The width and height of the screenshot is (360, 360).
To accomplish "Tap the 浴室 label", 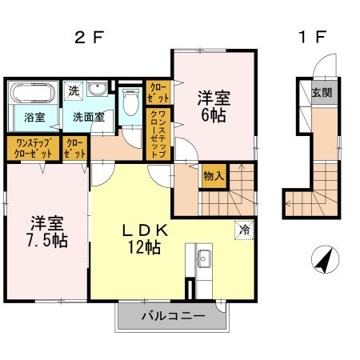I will point(33,117).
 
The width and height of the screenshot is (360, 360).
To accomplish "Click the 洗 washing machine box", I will point(73,90).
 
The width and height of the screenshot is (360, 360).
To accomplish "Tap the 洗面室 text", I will point(87,117).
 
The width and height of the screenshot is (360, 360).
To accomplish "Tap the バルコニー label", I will point(167,316).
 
